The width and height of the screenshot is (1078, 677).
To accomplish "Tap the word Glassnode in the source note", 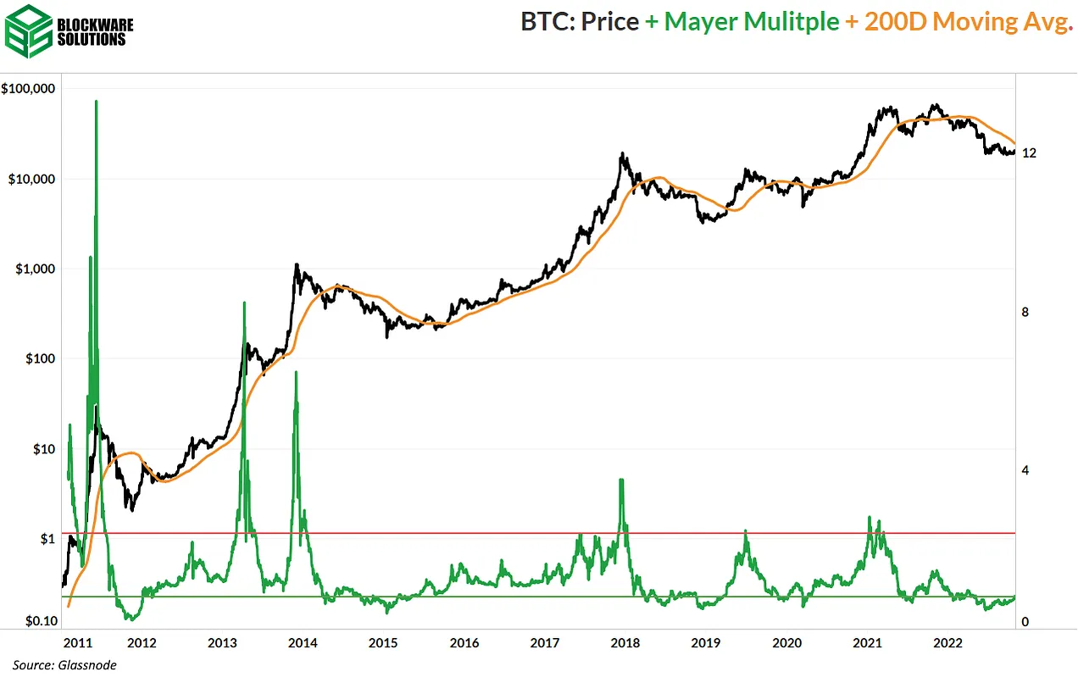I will coord(87,665).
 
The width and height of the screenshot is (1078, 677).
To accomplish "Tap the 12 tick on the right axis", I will coord(1030,153).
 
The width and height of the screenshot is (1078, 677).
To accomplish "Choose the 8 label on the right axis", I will coord(1025,312).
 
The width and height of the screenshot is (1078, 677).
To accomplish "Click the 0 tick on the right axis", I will coord(1025,622).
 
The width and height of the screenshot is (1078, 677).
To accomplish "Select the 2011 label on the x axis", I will coord(77,642).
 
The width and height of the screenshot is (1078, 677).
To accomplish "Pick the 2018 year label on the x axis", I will coord(625,642).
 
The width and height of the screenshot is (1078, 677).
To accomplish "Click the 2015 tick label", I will coord(383,642).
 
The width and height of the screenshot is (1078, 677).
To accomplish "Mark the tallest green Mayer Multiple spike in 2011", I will coord(96,102).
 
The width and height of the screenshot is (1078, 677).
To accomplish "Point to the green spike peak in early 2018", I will coord(621,480).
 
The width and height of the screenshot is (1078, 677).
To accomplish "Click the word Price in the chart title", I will coord(609,21).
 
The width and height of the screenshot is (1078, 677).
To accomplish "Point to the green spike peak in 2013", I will coord(244,302).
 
